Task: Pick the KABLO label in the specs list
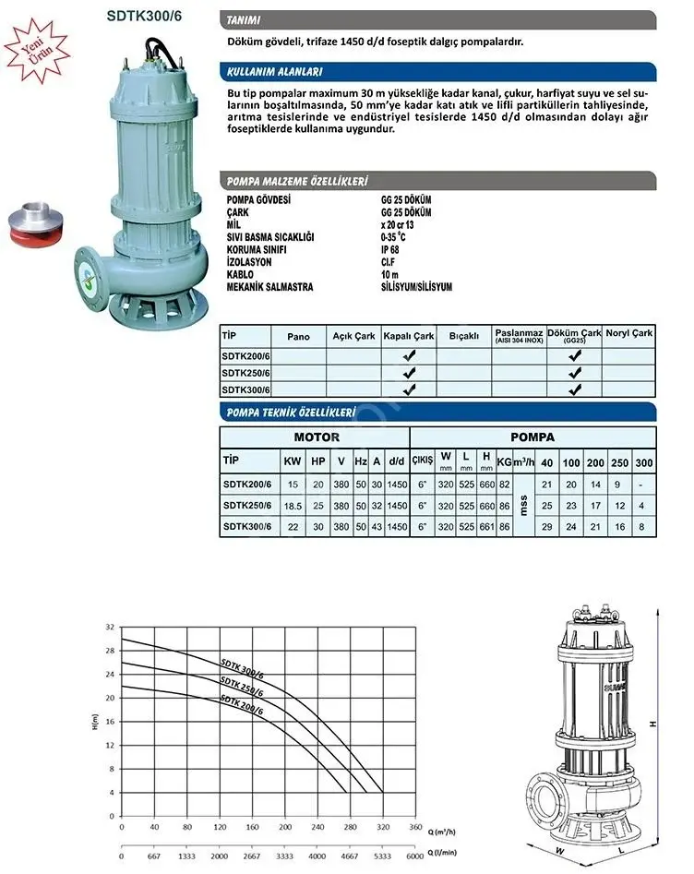tap(240, 274)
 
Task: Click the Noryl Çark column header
tap(628, 333)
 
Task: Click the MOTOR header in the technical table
tap(317, 437)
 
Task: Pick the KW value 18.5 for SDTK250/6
tap(293, 506)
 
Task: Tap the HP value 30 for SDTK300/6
tap(317, 527)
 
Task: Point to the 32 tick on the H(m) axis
tap(111, 628)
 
